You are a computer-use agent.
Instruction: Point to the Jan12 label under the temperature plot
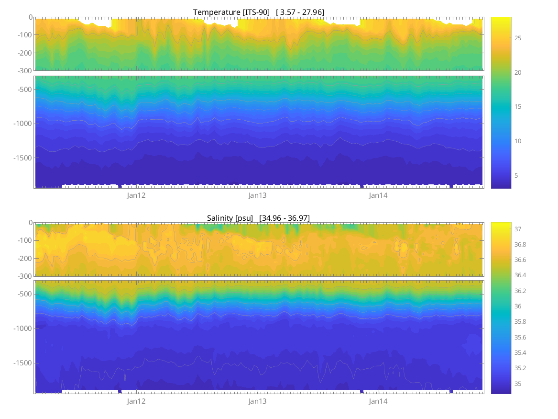tap(136, 195)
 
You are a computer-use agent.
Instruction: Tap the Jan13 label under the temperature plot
tap(257, 195)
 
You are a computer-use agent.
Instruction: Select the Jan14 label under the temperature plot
tap(378, 195)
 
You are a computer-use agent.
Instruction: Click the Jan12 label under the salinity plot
tap(136, 401)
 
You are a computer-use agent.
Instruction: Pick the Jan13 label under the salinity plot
tap(257, 401)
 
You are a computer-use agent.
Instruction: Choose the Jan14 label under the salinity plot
tap(378, 401)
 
